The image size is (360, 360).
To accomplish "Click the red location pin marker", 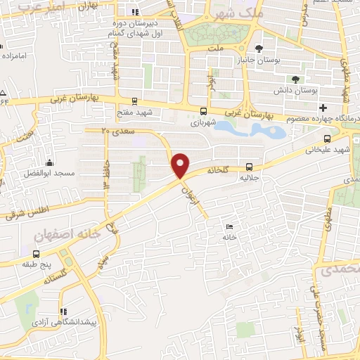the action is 181,166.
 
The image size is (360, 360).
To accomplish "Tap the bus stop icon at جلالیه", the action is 250,167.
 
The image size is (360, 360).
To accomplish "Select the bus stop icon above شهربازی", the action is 204,111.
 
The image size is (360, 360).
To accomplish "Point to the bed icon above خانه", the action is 230,226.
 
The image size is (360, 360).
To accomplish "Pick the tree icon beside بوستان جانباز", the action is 259,49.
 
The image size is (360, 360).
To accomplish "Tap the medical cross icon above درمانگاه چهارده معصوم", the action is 323,108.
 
